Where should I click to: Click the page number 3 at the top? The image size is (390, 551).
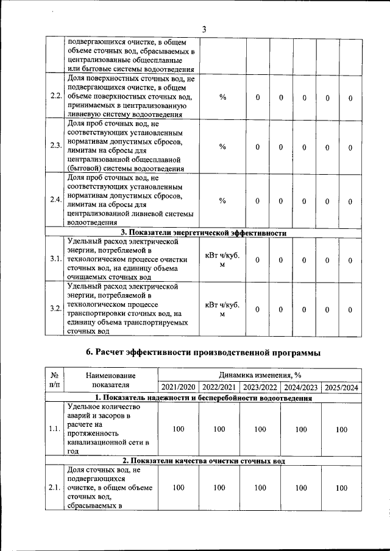[x=204, y=29]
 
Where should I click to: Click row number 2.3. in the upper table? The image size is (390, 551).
[x=55, y=146]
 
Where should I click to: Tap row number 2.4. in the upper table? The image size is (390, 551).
[x=55, y=201]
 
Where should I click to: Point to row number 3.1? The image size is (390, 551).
[x=55, y=259]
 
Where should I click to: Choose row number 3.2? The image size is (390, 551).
[x=55, y=309]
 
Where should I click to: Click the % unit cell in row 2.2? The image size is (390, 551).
[x=222, y=97]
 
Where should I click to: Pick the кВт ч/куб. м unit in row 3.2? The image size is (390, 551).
[x=222, y=309]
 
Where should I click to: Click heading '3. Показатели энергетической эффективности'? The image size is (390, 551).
[x=204, y=233]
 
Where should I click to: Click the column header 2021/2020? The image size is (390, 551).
[x=178, y=387]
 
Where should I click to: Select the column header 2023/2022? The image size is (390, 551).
[x=260, y=387]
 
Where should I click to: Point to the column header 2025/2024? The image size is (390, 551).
[x=342, y=387]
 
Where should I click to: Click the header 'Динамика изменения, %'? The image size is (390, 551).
[x=260, y=375]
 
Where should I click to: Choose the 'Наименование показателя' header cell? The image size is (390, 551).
[x=111, y=381]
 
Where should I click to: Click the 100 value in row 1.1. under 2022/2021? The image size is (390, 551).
[x=219, y=429]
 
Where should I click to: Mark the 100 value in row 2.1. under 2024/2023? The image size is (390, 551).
[x=301, y=488]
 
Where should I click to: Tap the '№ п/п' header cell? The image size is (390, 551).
[x=54, y=381]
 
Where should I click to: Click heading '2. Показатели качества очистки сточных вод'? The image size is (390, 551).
[x=204, y=461]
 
